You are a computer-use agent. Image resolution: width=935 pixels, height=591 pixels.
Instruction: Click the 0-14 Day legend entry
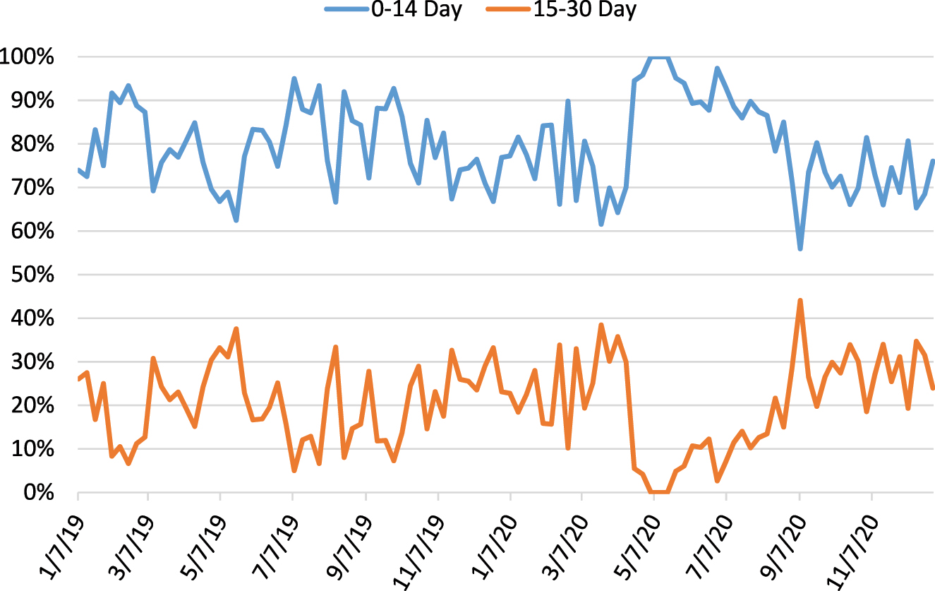pyautogui.click(x=402, y=10)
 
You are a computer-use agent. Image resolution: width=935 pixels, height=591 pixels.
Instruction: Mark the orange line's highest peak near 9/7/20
pyautogui.click(x=800, y=300)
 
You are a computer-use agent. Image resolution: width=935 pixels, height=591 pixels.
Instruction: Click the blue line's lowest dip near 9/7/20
pyautogui.click(x=800, y=249)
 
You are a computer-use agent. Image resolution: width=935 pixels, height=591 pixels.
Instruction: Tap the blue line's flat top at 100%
pyautogui.click(x=659, y=56)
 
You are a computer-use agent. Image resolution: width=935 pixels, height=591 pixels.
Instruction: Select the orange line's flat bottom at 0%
pyautogui.click(x=659, y=491)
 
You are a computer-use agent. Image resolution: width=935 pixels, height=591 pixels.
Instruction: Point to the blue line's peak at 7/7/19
pyautogui.click(x=294, y=78)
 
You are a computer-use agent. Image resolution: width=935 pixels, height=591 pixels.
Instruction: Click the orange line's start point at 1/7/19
pyautogui.click(x=78, y=379)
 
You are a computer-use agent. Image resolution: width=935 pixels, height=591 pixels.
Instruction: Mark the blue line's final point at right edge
pyautogui.click(x=933, y=161)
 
